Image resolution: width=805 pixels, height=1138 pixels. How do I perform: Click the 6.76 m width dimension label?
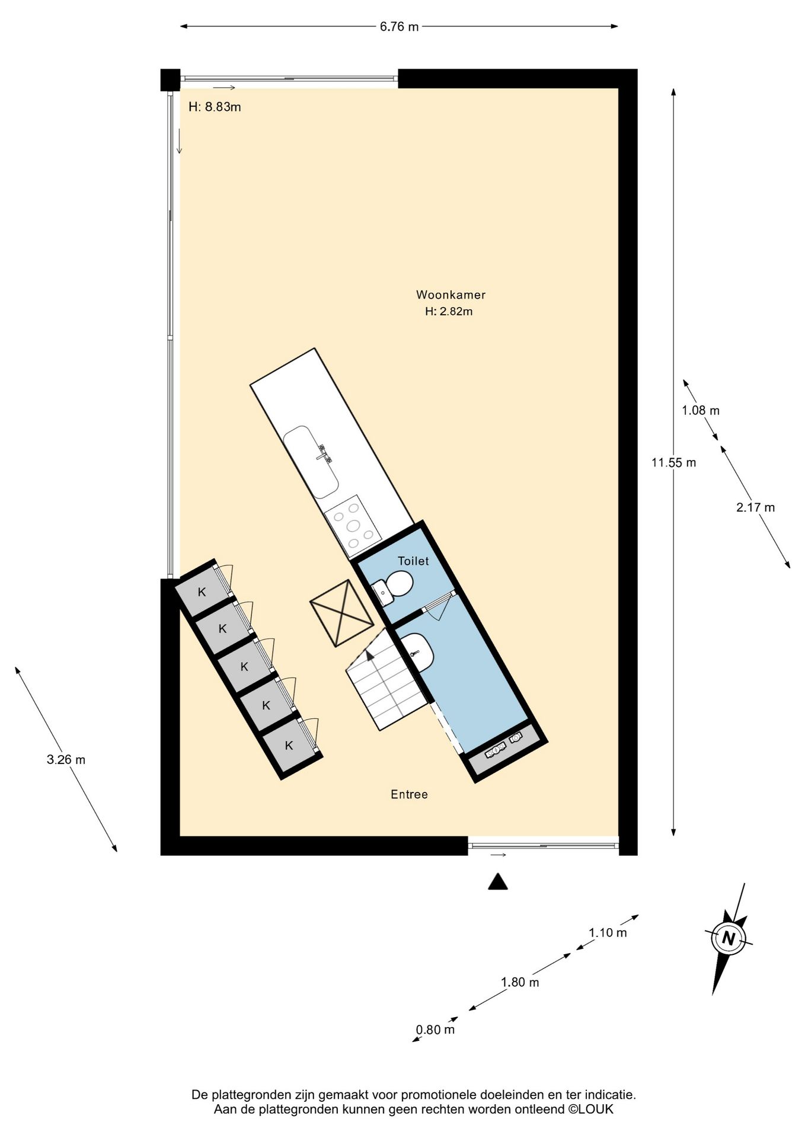click(399, 27)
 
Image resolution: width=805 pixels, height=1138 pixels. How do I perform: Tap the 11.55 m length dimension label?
click(673, 463)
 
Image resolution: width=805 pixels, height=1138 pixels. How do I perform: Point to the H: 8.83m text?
click(215, 107)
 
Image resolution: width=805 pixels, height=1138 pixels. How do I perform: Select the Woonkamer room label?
click(451, 295)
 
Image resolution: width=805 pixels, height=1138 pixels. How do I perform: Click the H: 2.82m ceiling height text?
click(449, 311)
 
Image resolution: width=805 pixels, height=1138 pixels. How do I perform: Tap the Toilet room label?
click(413, 561)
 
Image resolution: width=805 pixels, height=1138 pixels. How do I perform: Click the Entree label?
click(409, 794)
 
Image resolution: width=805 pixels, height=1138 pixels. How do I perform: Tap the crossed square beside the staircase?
click(341, 613)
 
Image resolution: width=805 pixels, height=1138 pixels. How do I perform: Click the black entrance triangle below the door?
click(498, 883)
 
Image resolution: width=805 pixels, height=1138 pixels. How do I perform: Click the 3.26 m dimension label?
click(66, 759)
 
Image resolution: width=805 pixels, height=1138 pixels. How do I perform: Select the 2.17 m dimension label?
click(755, 507)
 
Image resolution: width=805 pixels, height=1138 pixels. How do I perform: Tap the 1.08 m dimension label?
click(700, 410)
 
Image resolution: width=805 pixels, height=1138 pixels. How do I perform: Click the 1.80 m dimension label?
click(520, 982)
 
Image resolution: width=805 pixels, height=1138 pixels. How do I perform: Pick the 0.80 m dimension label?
click(435, 1030)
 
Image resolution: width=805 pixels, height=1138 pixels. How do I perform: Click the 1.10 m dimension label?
click(608, 932)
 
